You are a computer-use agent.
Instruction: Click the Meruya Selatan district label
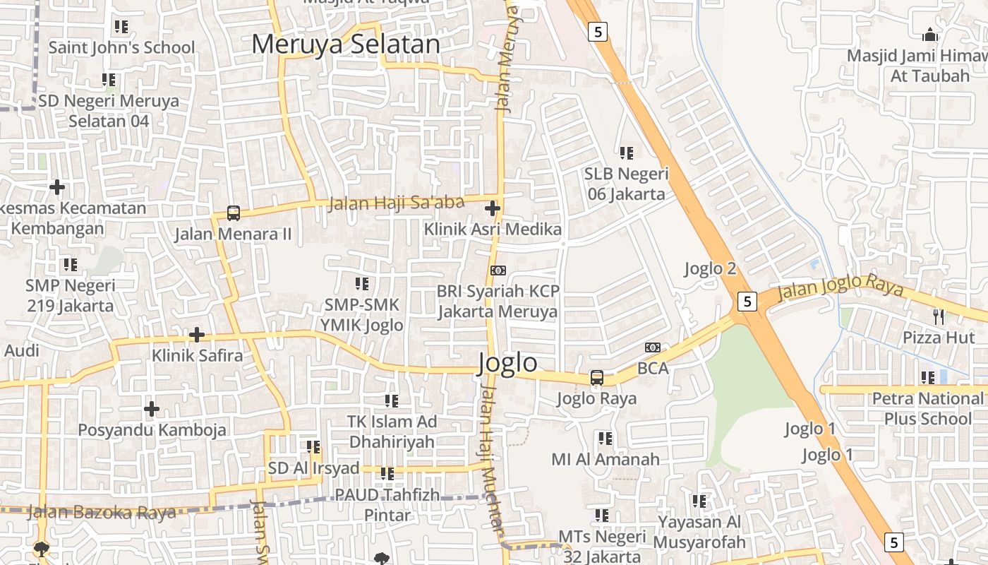pyautogui.click(x=346, y=44)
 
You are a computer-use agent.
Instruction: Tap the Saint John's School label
pyautogui.click(x=121, y=47)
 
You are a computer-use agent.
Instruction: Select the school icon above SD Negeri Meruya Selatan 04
pyautogui.click(x=108, y=80)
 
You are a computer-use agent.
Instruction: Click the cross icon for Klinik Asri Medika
pyautogui.click(x=493, y=208)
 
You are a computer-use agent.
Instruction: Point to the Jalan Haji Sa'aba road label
pyautogui.click(x=397, y=203)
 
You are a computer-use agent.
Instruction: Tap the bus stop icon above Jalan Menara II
pyautogui.click(x=233, y=213)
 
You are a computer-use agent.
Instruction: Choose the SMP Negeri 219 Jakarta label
pyautogui.click(x=70, y=296)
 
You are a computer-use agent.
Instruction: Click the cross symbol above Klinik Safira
pyautogui.click(x=197, y=334)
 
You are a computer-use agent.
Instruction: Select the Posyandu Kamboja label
pyautogui.click(x=152, y=429)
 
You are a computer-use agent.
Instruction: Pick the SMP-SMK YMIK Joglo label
pyautogui.click(x=362, y=315)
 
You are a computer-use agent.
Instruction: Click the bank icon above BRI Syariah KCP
pyautogui.click(x=498, y=270)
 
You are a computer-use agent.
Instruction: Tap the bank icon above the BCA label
pyautogui.click(x=653, y=347)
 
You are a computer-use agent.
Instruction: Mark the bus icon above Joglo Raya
pyautogui.click(x=597, y=378)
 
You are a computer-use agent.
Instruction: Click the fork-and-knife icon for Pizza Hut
pyautogui.click(x=939, y=316)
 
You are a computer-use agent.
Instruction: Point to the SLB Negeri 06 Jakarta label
pyautogui.click(x=626, y=184)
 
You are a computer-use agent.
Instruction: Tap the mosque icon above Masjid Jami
pyautogui.click(x=930, y=34)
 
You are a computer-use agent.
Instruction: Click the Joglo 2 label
pyautogui.click(x=711, y=268)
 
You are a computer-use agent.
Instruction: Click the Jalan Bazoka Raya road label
pyautogui.click(x=101, y=513)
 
